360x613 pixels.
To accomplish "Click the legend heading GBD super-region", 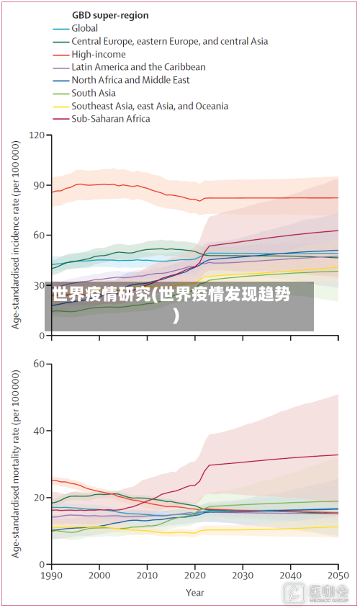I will coord(110,15).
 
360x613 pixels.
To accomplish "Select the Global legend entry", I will coord(85,28).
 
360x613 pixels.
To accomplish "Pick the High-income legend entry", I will coord(99,54).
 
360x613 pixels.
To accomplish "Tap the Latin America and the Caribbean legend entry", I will coord(138,67).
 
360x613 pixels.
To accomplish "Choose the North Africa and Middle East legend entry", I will coord(130,80).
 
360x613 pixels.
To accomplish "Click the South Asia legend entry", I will coord(94,93).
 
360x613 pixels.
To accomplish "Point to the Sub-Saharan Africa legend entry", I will coord(111,119).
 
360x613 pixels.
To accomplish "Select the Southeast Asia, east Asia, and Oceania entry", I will coord(150,106).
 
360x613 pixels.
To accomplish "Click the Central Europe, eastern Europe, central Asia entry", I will coord(169,41).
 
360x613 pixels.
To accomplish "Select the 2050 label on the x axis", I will coord(338,576).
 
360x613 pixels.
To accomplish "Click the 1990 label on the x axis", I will coord(52,576).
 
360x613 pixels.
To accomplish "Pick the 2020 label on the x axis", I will coord(195,576).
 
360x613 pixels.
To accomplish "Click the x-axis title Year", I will coord(194,593).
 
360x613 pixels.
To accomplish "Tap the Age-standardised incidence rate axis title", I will coord(16,234).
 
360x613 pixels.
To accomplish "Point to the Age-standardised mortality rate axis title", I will coord(16,465).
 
